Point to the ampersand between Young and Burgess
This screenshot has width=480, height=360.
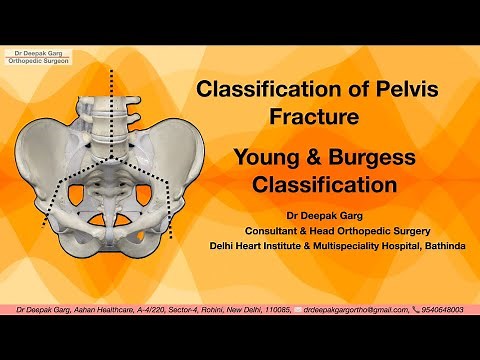click(x=312, y=158)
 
